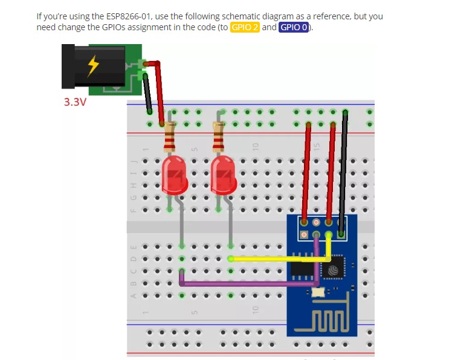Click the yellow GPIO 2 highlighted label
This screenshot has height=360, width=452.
click(245, 28)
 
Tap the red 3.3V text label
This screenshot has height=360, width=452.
click(75, 101)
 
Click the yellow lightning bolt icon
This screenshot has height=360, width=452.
click(92, 65)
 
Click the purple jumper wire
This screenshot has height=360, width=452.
click(242, 282)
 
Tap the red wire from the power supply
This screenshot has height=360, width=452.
click(159, 91)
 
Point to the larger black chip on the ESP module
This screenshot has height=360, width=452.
click(302, 269)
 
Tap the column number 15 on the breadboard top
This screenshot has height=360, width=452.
click(315, 147)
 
